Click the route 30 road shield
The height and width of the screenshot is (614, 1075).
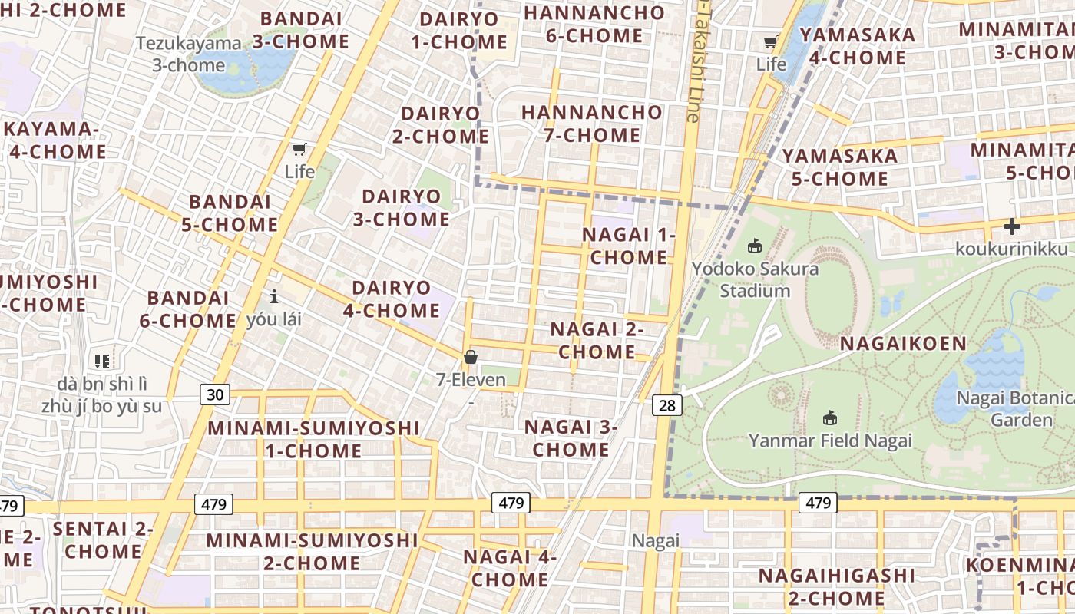(216, 394)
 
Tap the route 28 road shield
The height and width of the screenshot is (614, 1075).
(667, 404)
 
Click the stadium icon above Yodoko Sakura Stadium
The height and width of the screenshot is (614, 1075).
(754, 246)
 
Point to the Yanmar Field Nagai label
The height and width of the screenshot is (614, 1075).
(830, 441)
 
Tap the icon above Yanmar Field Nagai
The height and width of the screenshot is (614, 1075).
(829, 418)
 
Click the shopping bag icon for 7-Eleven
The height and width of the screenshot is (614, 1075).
(471, 357)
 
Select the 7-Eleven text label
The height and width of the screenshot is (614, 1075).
(471, 379)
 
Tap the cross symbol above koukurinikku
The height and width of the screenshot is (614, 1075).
(1011, 226)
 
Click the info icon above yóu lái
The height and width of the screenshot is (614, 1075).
(273, 296)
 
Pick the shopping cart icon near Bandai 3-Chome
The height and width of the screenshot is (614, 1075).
(299, 149)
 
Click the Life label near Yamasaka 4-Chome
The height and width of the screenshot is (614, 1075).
(771, 64)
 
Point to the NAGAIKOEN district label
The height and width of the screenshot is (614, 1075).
(903, 343)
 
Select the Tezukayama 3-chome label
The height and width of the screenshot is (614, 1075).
(189, 54)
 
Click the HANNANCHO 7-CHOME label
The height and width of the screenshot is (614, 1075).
(591, 124)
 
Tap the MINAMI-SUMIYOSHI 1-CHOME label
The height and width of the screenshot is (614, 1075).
(313, 439)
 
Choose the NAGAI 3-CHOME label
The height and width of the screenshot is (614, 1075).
(571, 438)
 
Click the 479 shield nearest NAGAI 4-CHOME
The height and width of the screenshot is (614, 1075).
(511, 503)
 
